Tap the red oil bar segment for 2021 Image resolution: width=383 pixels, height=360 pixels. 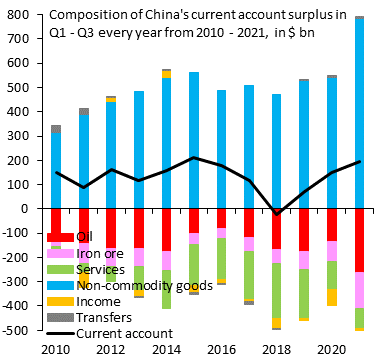358,240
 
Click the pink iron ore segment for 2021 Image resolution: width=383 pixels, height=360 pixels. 358,290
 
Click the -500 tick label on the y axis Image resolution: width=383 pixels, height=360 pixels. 18,330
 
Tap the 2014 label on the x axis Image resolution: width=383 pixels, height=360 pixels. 166,350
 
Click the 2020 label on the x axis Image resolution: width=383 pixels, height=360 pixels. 330,350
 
